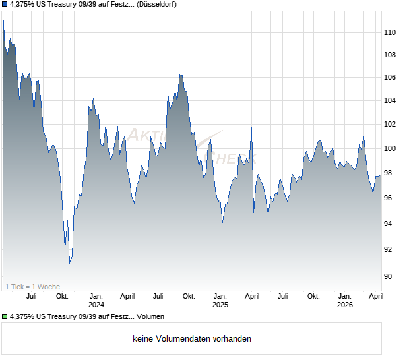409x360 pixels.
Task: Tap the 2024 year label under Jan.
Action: pos(96,305)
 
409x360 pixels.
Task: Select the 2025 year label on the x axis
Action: pos(220,305)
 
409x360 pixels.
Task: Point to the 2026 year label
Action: pos(345,305)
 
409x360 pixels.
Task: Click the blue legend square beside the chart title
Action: pos(5,5)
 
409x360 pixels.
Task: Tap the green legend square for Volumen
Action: pos(5,316)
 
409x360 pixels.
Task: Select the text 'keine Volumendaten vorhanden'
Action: pos(192,339)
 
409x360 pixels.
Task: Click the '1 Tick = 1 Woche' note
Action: pos(32,287)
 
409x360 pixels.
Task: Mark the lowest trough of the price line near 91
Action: pos(70,263)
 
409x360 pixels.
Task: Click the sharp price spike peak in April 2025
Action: pos(251,128)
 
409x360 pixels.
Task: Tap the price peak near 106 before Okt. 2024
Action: pos(179,75)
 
